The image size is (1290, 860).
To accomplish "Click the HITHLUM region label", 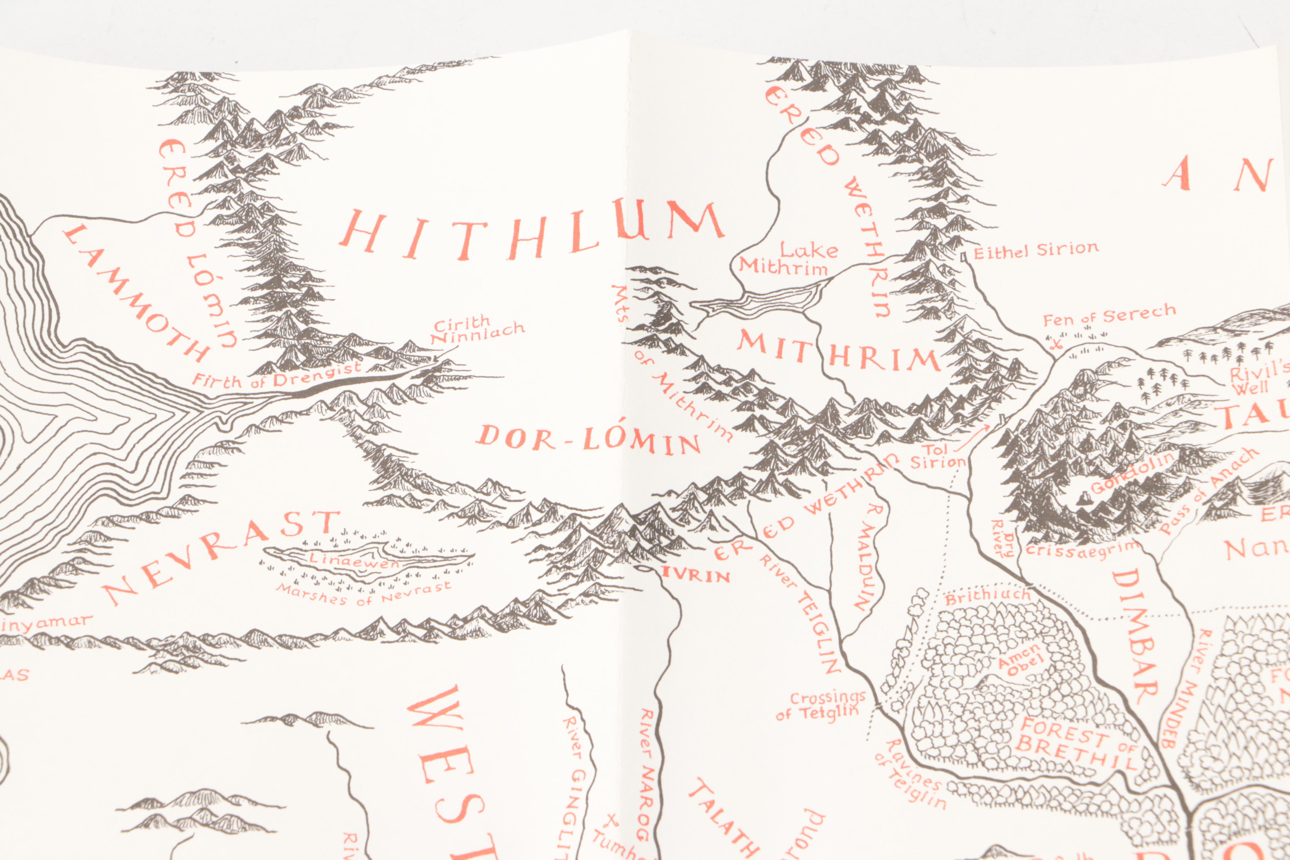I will pos(532,233).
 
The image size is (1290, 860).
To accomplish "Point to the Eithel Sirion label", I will pos(1035,251).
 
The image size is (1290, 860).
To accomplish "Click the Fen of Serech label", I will pos(1109,315).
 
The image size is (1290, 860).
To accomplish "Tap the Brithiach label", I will pos(987,596).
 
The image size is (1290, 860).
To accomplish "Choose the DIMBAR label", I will pos(1135,636).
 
